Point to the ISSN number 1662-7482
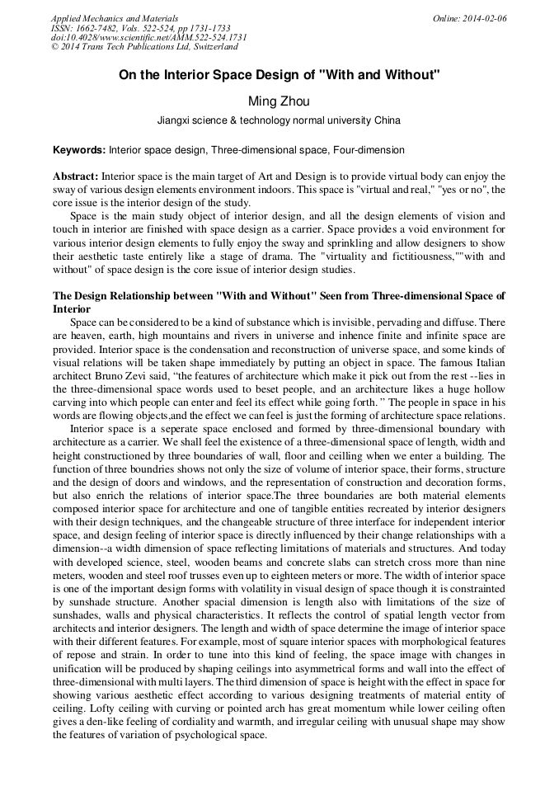click(96, 28)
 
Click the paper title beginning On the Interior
click(279, 75)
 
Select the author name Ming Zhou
click(279, 101)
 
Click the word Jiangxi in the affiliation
click(175, 120)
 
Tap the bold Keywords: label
click(79, 151)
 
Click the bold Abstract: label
click(76, 177)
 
